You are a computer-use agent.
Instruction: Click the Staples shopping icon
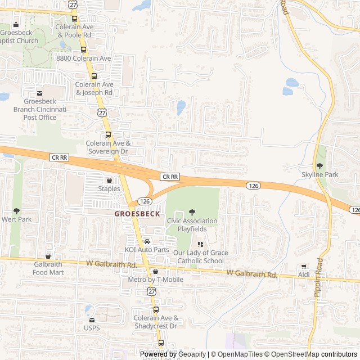pos(109,181)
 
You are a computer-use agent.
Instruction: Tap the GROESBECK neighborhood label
pos(137,214)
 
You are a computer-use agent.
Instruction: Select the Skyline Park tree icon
pos(319,166)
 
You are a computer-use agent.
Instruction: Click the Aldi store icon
pos(304,266)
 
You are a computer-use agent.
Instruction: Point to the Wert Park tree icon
pos(16,210)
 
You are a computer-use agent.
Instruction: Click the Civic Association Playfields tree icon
pos(192,212)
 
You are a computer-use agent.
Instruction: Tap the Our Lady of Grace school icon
pos(200,244)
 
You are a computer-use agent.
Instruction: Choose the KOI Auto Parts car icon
pos(146,241)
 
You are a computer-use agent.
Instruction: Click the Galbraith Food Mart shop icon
pos(48,256)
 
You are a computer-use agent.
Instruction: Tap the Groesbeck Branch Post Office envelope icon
pos(40,93)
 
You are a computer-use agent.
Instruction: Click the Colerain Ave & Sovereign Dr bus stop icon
pos(108,134)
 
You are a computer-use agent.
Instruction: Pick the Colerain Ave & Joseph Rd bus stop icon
pos(94,76)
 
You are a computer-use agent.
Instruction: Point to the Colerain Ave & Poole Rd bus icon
pos(74,18)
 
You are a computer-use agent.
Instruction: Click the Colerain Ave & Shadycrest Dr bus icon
pos(156,309)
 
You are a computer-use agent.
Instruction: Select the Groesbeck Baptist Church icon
pos(16,24)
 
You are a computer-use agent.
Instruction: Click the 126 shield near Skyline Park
pos(251,184)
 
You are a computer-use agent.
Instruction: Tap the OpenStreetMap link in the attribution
pos(291,354)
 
